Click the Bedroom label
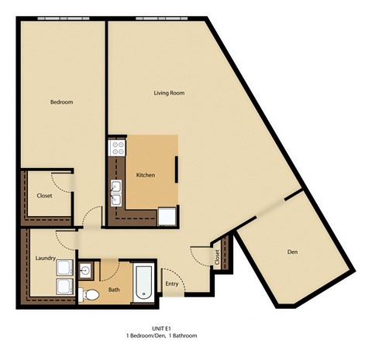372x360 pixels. tap(61, 102)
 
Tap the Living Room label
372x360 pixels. tap(168, 93)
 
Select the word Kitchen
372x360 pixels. tap(146, 176)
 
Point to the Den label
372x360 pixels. tap(292, 252)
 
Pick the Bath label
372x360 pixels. tap(114, 290)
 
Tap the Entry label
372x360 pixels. tap(171, 284)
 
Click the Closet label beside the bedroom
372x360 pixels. tap(45, 196)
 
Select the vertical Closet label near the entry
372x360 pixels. tap(217, 258)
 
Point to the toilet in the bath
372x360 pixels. tap(90, 293)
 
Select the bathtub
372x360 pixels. tap(144, 283)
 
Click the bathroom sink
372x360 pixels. tap(86, 269)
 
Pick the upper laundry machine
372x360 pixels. tap(65, 268)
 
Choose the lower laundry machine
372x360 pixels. tap(65, 288)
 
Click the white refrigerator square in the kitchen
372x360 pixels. tap(167, 216)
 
